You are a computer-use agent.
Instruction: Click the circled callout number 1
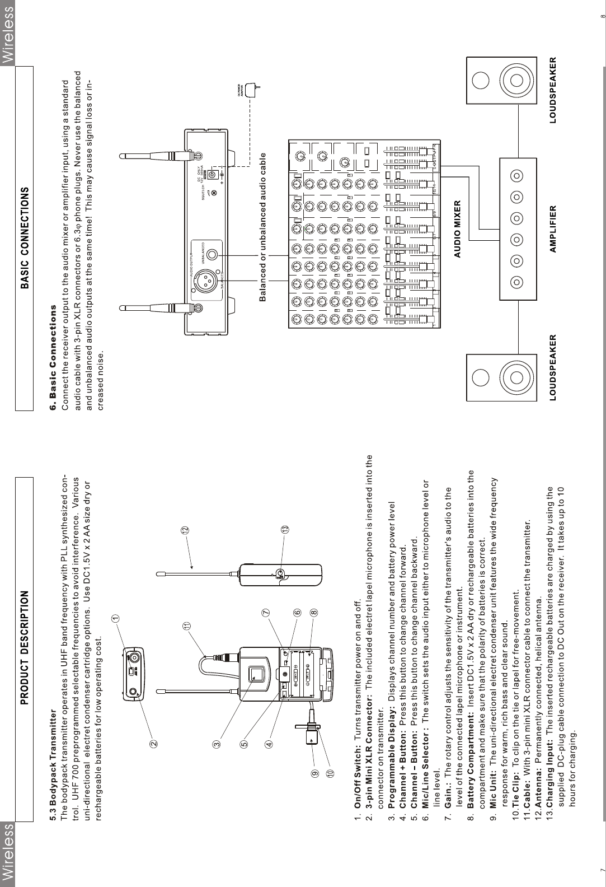tap(115, 618)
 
